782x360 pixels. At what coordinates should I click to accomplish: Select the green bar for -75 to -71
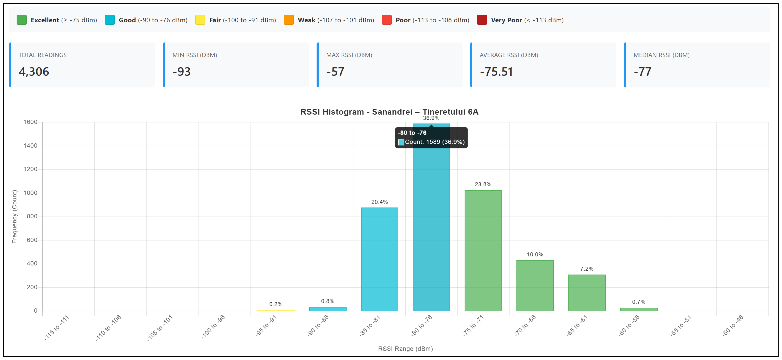(x=483, y=251)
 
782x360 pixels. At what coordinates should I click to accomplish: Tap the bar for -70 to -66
(x=535, y=286)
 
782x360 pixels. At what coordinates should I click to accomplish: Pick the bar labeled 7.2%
(x=587, y=293)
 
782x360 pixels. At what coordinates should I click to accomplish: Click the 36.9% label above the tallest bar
(x=431, y=118)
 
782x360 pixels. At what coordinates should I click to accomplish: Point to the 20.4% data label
(x=379, y=202)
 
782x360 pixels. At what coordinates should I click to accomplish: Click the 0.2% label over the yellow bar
(x=276, y=304)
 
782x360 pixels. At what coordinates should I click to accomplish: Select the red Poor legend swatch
(x=386, y=20)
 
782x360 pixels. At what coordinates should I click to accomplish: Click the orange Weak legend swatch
(x=289, y=20)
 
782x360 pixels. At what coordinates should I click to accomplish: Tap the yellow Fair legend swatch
(x=200, y=20)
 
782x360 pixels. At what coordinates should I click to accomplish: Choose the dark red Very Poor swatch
(x=482, y=20)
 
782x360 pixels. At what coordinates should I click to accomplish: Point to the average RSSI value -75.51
(x=496, y=72)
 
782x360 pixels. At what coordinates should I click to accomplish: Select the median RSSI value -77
(x=642, y=72)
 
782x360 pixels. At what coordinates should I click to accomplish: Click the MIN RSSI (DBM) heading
(x=195, y=55)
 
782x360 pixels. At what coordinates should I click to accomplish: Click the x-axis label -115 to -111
(x=57, y=328)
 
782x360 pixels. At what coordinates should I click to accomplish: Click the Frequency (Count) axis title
(x=14, y=216)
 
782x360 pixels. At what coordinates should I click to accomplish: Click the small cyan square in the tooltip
(x=401, y=142)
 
